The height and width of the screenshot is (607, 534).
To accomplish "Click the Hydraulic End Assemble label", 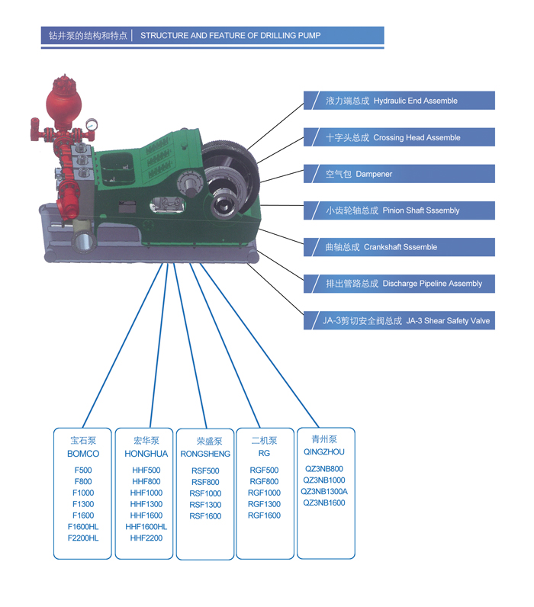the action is pyautogui.click(x=399, y=101).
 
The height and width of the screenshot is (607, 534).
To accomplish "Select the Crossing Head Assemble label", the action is pyautogui.click(x=399, y=137).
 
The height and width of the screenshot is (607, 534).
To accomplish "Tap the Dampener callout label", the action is pyautogui.click(x=399, y=174).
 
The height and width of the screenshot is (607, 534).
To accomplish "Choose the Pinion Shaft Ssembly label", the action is pyautogui.click(x=399, y=210).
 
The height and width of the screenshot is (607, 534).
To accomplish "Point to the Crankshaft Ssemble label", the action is pyautogui.click(x=399, y=247).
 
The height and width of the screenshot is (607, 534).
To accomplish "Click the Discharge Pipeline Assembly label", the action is pyautogui.click(x=399, y=284).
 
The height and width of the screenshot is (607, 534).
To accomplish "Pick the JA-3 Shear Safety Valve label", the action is pyautogui.click(x=399, y=320).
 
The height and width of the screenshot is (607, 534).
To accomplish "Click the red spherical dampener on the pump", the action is pyautogui.click(x=64, y=101).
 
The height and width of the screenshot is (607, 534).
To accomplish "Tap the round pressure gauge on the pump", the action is pyautogui.click(x=92, y=124).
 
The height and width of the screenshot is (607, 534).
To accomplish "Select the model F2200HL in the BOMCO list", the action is pyautogui.click(x=83, y=538).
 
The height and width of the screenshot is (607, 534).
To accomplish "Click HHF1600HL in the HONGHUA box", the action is pyautogui.click(x=146, y=526).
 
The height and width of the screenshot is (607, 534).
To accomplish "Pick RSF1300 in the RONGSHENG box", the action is pyautogui.click(x=205, y=504).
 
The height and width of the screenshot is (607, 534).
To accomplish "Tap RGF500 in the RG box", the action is pyautogui.click(x=264, y=470).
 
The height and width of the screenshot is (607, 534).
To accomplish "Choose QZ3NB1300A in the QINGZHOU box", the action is pyautogui.click(x=324, y=491).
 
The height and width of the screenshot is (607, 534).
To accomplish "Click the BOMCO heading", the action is pyautogui.click(x=83, y=453).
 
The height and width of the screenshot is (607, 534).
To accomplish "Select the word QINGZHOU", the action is pyautogui.click(x=324, y=451).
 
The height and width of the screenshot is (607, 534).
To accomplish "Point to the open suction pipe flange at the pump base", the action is pyautogui.click(x=84, y=242).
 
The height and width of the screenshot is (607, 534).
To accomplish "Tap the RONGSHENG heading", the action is pyautogui.click(x=205, y=454).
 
